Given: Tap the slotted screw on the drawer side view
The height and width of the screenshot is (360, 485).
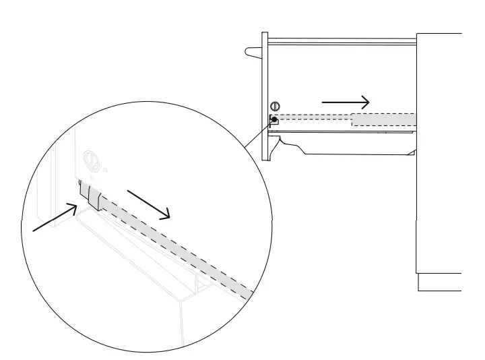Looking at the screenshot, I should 274,107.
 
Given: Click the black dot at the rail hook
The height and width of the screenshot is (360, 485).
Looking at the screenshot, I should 273,119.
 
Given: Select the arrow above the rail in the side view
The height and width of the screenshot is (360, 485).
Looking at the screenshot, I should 345,102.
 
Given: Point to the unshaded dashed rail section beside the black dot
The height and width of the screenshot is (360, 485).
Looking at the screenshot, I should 313,119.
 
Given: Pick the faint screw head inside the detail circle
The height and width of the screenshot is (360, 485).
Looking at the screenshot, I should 90,161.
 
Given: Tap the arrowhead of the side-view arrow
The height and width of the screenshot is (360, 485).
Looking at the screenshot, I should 364,102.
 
